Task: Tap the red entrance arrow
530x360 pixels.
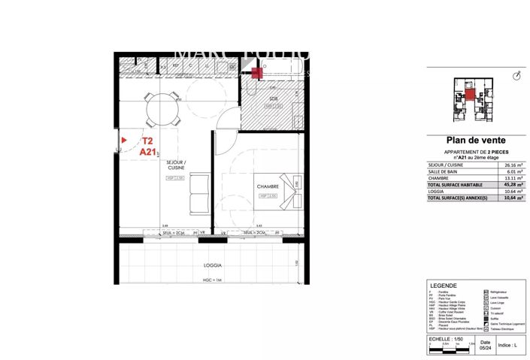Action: (123, 139)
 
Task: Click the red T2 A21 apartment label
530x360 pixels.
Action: (147, 146)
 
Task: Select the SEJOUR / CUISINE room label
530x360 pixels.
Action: (175, 167)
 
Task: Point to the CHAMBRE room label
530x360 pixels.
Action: (268, 186)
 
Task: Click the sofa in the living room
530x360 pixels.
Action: (198, 195)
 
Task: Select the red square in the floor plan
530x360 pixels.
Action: (257, 73)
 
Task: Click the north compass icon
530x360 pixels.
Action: (516, 76)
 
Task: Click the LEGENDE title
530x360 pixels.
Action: (441, 287)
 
